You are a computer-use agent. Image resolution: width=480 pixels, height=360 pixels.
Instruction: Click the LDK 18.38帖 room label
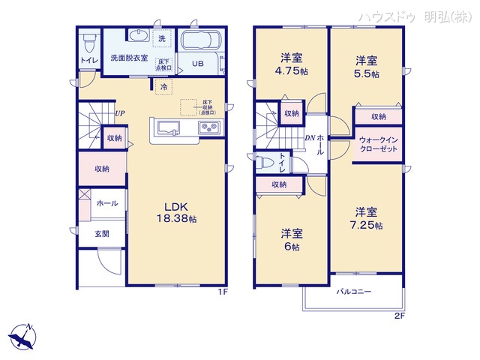coord(177,212)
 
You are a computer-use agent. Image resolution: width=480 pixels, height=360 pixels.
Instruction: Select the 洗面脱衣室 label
coord(128,57)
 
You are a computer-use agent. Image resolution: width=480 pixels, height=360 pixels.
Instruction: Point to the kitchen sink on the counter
coord(166,127)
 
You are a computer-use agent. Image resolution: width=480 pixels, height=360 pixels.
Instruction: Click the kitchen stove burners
coord(208,127)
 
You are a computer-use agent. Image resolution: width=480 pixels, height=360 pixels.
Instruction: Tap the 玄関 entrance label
coord(101,234)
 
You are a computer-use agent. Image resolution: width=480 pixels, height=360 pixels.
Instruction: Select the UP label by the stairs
coord(119,114)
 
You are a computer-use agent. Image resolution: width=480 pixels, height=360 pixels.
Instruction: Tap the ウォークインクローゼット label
coord(379,145)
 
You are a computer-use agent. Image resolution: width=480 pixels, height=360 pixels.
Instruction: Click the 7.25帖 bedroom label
coord(366,218)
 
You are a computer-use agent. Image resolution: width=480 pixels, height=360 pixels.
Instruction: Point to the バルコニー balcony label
coord(354,292)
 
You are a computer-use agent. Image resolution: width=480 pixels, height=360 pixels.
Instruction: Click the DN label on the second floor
coord(310,138)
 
